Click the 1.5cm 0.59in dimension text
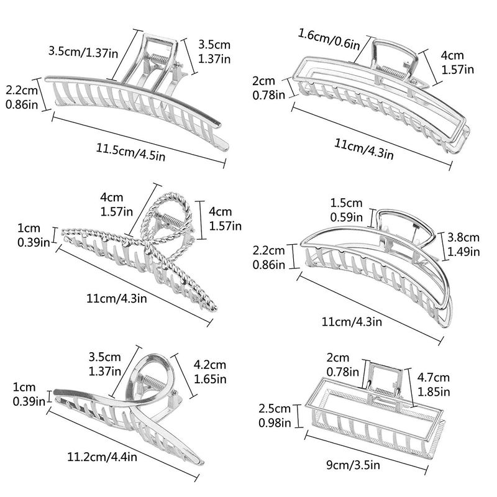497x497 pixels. [x=346, y=210]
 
